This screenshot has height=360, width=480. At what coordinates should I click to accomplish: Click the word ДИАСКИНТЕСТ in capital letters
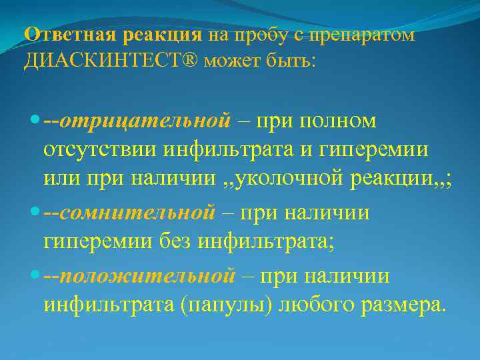[x=104, y=62]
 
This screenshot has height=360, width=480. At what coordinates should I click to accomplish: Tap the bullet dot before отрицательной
[x=35, y=121]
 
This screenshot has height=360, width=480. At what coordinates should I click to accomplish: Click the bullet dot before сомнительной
[x=35, y=213]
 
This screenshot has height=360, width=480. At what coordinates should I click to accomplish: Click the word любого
[x=309, y=306]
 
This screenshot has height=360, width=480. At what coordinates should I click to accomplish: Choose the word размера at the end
[x=399, y=306]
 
